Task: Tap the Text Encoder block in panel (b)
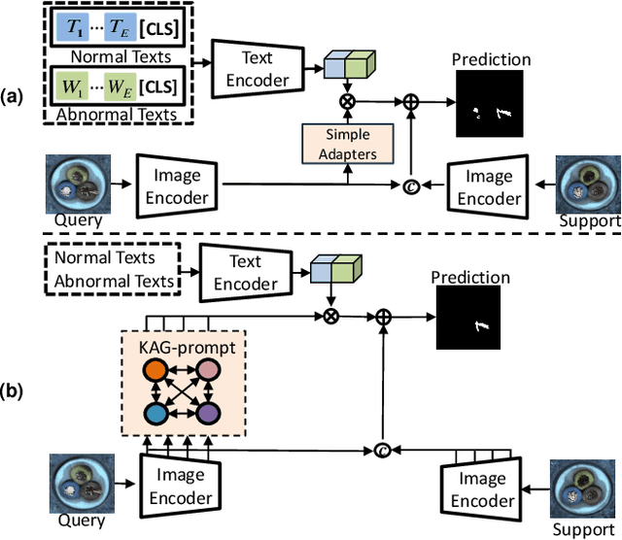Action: tap(245, 273)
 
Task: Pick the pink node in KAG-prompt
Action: tap(207, 371)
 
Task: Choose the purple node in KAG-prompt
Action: tap(207, 414)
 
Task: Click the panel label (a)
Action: tap(15, 97)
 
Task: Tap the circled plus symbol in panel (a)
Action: tap(412, 100)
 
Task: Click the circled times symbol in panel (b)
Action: tap(332, 316)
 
